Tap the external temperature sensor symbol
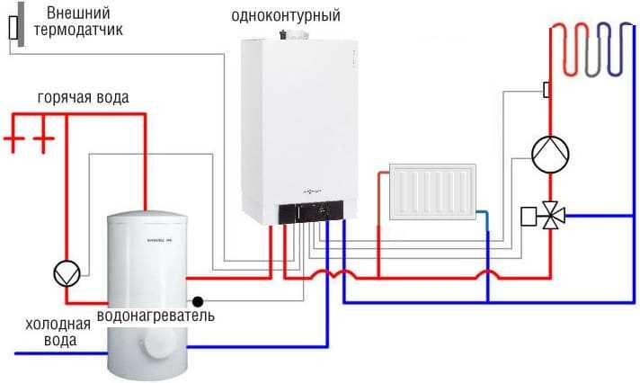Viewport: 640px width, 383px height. (13, 28)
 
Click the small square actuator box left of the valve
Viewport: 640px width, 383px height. (529, 217)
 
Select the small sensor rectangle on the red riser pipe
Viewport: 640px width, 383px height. (546, 89)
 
